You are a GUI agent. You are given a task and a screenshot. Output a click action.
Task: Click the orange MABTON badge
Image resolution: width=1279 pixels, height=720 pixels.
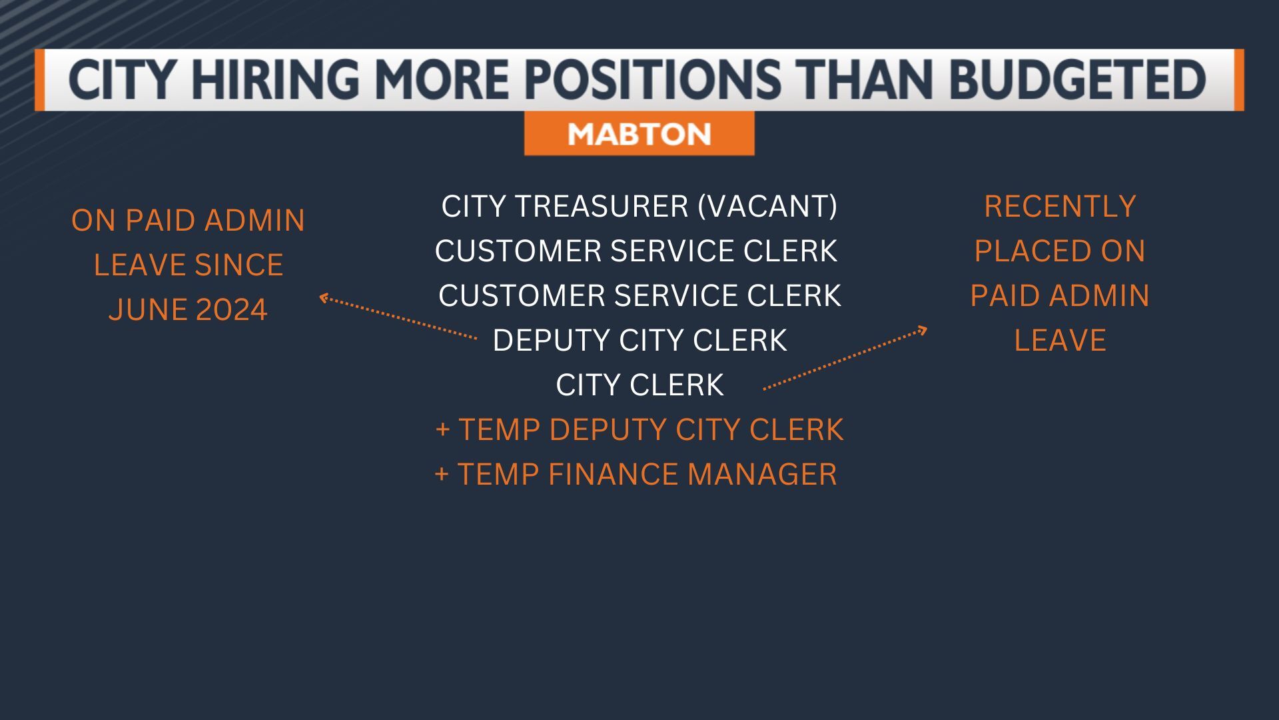click(x=639, y=134)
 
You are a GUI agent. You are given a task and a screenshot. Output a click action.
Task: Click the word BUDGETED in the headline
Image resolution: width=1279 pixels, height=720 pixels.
click(x=1077, y=79)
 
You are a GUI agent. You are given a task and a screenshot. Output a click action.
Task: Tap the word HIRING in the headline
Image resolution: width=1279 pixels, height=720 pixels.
click(x=274, y=79)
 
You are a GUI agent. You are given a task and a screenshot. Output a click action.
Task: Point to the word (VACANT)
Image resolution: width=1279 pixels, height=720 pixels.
click(x=767, y=206)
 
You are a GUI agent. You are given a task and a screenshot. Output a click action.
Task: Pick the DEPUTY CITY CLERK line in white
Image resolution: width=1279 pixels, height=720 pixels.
click(x=639, y=340)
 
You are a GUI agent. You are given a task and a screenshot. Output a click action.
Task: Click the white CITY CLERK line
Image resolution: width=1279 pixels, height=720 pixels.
click(x=639, y=385)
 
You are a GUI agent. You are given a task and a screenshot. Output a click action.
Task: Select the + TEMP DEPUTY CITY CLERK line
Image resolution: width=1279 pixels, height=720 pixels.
click(x=639, y=429)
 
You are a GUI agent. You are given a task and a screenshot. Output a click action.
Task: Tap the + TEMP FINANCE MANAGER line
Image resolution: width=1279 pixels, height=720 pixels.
click(x=636, y=474)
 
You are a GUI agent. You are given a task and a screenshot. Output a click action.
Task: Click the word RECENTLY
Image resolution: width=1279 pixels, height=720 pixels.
click(x=1060, y=206)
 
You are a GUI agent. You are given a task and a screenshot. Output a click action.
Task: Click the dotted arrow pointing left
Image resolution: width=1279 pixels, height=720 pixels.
click(x=398, y=317)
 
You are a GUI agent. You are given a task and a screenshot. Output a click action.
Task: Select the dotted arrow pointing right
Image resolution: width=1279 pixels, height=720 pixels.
click(x=845, y=358)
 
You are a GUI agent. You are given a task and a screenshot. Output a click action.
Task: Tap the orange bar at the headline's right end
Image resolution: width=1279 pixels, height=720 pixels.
click(x=1238, y=79)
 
